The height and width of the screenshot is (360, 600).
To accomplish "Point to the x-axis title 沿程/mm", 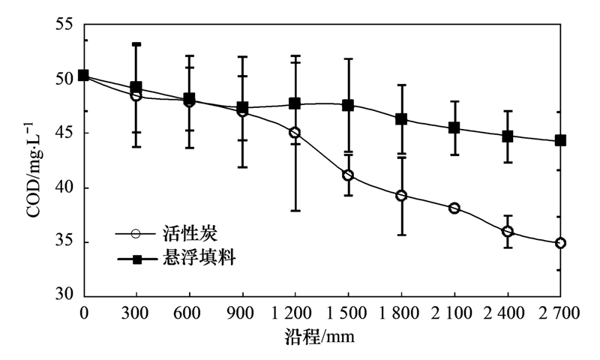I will click(321, 337).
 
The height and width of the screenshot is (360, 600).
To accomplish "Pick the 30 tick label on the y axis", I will click(66, 295).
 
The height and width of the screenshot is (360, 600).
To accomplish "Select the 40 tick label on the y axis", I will click(66, 188).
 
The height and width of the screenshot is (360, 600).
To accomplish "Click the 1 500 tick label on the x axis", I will click(348, 313).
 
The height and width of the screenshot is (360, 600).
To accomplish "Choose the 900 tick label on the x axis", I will click(242, 313).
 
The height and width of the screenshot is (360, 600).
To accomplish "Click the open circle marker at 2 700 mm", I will click(560, 243).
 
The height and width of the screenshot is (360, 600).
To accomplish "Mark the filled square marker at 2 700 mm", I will click(560, 140).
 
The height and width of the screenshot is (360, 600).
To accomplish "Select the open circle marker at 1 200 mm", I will click(295, 133).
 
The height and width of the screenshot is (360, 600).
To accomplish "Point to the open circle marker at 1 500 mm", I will click(348, 175).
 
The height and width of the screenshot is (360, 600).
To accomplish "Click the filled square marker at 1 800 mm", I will click(401, 119).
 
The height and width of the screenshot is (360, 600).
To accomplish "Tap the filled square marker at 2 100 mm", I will click(454, 128).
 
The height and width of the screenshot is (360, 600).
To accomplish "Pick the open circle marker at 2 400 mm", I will click(508, 232).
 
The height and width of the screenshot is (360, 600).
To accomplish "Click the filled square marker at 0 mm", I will click(83, 75).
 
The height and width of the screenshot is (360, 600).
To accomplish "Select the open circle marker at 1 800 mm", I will click(401, 196).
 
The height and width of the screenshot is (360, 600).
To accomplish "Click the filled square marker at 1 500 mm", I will click(348, 106).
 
